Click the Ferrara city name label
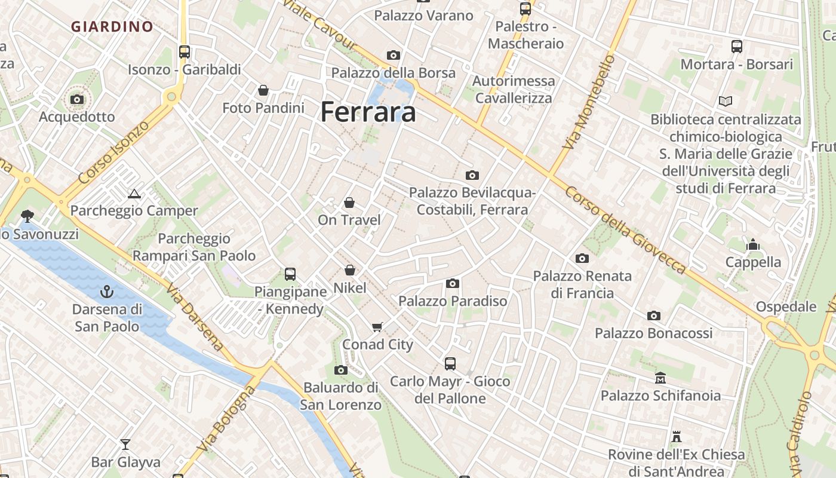pyautogui.click(x=368, y=112)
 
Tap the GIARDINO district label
pyautogui.click(x=112, y=26)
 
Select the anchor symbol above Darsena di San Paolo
pyautogui.click(x=107, y=292)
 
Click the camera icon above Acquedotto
pyautogui.click(x=77, y=99)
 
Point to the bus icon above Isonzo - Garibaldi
pyautogui.click(x=184, y=52)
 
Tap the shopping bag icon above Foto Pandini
pyautogui.click(x=263, y=90)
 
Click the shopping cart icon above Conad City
pyautogui.click(x=377, y=327)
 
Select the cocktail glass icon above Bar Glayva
pyautogui.click(x=125, y=444)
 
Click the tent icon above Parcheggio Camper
pyautogui.click(x=134, y=193)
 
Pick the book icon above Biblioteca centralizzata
pyautogui.click(x=726, y=102)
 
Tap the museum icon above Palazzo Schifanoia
pyautogui.click(x=660, y=378)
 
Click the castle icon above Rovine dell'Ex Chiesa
pyautogui.click(x=677, y=437)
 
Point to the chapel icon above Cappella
pyautogui.click(x=752, y=244)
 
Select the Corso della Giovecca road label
pyautogui.click(x=625, y=231)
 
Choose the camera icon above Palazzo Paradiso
pyautogui.click(x=453, y=283)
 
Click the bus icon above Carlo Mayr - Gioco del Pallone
pyautogui.click(x=450, y=363)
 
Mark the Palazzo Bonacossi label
pyautogui.click(x=653, y=333)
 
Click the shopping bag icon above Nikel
pyautogui.click(x=349, y=270)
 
